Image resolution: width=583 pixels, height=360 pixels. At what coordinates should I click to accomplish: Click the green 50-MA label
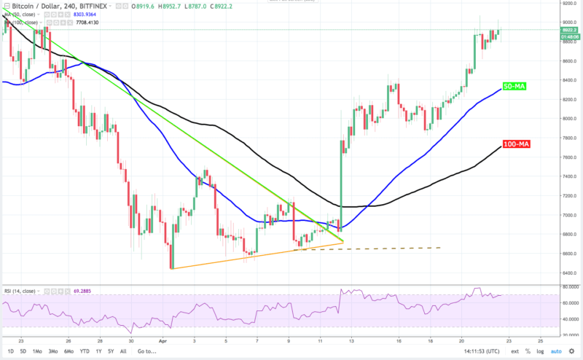click(515, 86)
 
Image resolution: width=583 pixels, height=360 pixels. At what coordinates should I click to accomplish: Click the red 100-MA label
click(516, 144)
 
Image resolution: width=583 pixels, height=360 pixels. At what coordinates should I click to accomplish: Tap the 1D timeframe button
click(9, 351)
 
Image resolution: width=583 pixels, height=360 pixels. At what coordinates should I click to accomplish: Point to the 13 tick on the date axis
click(351, 340)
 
